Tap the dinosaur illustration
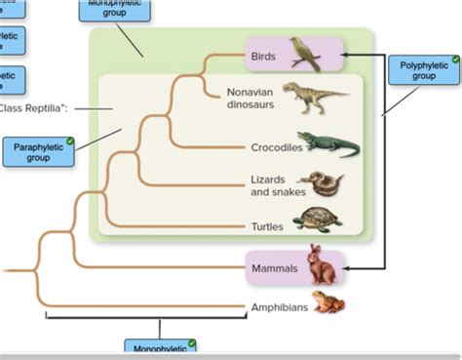(x=314, y=98)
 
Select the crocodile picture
(x=328, y=144)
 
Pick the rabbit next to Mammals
(x=320, y=264)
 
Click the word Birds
(x=262, y=58)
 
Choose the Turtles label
(x=266, y=226)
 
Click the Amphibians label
(x=280, y=306)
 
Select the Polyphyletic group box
(x=424, y=69)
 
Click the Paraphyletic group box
(x=38, y=151)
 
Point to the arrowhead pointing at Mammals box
(x=348, y=267)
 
